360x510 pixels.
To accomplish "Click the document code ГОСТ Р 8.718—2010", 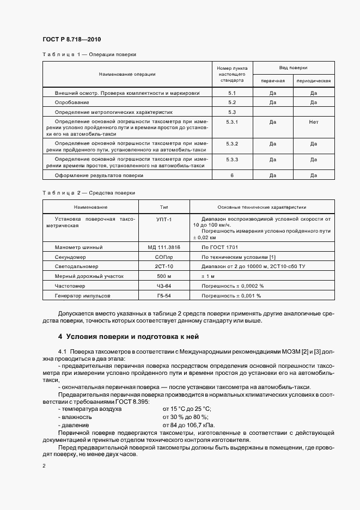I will tap(71, 40).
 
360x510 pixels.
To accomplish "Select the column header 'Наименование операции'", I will tap(127, 74).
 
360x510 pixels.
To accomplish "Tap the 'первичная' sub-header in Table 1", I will tap(273, 81).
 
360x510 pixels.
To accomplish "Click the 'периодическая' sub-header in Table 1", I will tap(313, 81).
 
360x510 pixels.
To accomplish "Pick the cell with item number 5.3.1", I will tap(232, 122).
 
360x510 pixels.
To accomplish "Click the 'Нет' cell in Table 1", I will tap(313, 122).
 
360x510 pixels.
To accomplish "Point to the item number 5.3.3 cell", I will tap(232, 159).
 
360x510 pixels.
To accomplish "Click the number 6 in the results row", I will tap(232, 175).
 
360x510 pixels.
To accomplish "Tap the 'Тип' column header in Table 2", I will tap(164, 207).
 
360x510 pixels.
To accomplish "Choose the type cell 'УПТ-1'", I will tap(164, 219).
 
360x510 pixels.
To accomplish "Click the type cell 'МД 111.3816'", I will tap(164, 247).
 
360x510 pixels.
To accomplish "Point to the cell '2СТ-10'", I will tap(164, 266).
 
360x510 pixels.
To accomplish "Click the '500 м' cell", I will tap(164, 276).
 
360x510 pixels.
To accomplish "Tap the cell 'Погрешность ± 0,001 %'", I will tap(231, 295).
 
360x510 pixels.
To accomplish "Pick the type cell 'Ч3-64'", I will tap(164, 286).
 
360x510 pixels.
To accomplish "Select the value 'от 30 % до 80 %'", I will tap(187, 416).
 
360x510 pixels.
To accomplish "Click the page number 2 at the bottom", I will tap(44, 466).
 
